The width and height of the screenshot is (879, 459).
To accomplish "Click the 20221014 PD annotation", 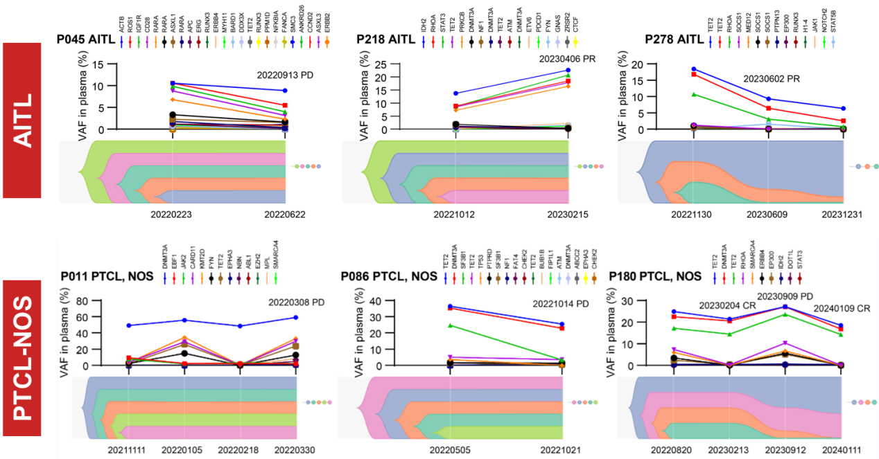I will [560, 303].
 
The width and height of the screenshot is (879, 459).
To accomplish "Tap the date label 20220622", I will [284, 215].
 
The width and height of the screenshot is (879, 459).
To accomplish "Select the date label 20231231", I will [842, 215].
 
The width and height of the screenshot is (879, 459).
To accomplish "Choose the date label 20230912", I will [783, 449].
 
